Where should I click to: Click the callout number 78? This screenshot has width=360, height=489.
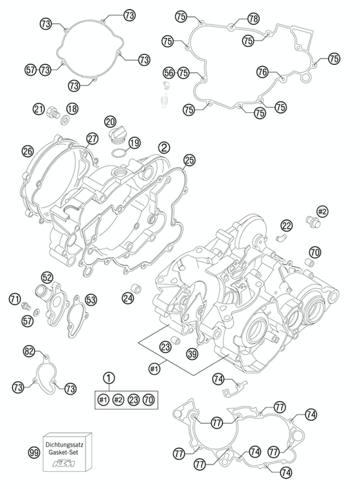(253, 19)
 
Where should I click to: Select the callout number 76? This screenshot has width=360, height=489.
(262, 73)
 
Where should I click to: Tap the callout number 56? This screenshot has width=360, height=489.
(169, 73)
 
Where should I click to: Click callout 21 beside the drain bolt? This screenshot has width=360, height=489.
(39, 109)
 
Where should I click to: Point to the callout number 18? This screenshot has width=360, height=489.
(72, 109)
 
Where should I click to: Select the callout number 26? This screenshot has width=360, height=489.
(28, 151)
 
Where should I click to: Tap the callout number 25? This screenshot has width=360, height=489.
(189, 160)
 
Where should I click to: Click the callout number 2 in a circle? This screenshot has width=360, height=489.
(164, 147)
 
